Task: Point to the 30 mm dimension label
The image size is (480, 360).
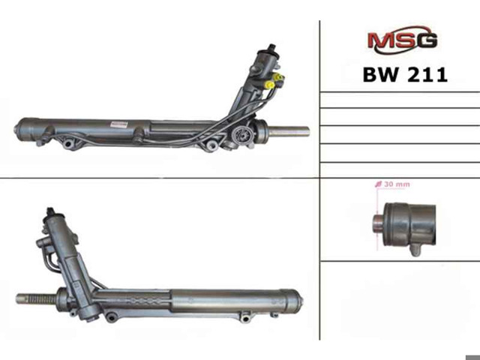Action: pos(393,184)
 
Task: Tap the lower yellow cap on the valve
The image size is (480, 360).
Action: pos(270,84)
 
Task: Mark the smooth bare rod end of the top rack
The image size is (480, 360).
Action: pos(289,132)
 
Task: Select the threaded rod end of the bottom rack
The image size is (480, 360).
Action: pos(36,298)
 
